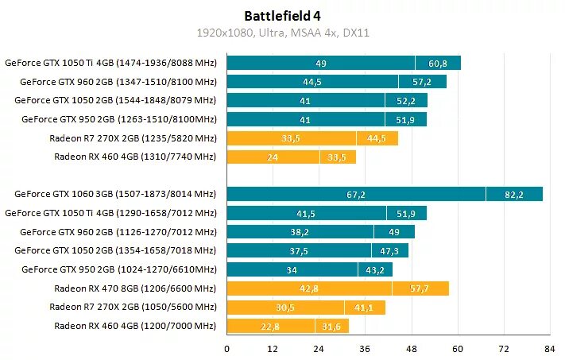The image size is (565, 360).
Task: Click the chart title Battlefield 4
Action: click(x=283, y=16)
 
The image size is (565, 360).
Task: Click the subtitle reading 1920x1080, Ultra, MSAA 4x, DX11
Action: click(x=283, y=34)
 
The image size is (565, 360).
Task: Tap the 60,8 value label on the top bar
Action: click(x=437, y=64)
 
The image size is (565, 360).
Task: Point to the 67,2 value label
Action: click(x=356, y=195)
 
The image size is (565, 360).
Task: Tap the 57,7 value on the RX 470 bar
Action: click(x=420, y=288)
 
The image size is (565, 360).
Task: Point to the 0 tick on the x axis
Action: click(x=227, y=349)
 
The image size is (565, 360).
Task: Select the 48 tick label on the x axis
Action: click(x=411, y=349)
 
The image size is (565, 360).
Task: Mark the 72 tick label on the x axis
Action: click(x=503, y=349)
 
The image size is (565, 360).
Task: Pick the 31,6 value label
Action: click(x=328, y=326)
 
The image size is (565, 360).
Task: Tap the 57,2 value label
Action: click(x=422, y=82)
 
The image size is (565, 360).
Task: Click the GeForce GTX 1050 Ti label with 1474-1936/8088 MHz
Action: click(x=110, y=63)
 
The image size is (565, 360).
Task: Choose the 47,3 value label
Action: click(x=389, y=251)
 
